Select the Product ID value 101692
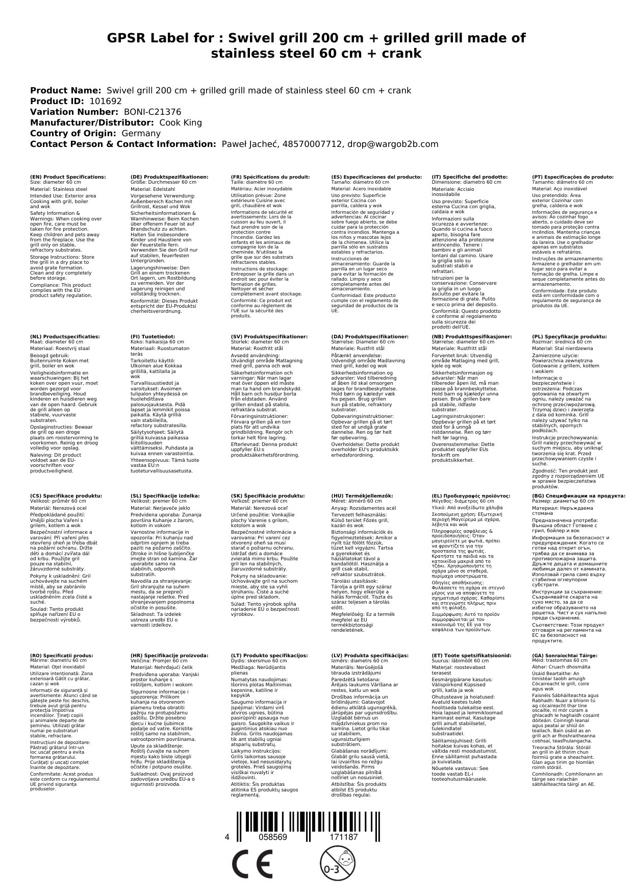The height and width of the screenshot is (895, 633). pyautogui.click(x=105, y=102)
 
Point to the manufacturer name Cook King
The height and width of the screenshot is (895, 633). pyautogui.click(x=181, y=123)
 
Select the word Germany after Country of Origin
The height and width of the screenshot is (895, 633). pyautogui.click(x=141, y=134)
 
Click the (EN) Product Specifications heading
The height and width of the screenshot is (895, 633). pyautogui.click(x=68, y=177)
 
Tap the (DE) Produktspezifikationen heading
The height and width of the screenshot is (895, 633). pyautogui.click(x=169, y=177)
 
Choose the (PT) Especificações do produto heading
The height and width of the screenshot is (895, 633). pyautogui.click(x=572, y=177)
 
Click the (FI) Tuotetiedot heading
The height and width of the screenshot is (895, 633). pyautogui.click(x=153, y=337)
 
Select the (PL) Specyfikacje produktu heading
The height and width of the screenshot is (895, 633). pyautogui.click(x=569, y=337)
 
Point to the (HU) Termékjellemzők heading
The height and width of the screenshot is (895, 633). pyautogui.click(x=362, y=495)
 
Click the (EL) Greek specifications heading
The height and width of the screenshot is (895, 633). pyautogui.click(x=471, y=495)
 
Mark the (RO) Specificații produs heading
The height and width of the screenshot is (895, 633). pyautogui.click(x=61, y=655)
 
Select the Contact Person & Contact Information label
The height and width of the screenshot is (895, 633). pyautogui.click(x=123, y=144)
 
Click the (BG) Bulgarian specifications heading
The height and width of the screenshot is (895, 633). pyautogui.click(x=578, y=495)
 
